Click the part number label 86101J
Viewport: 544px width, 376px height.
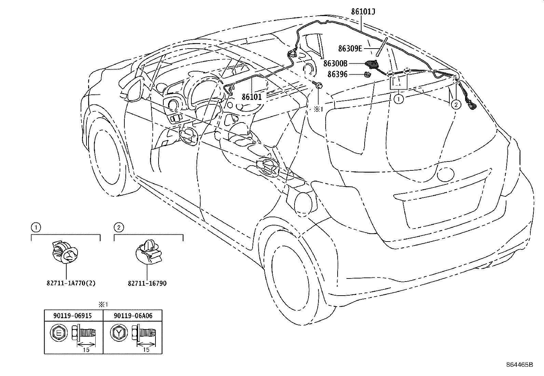click(363, 12)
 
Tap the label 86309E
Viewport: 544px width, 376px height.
click(350, 49)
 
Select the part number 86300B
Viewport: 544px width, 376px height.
click(335, 64)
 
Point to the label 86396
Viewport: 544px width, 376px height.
click(337, 74)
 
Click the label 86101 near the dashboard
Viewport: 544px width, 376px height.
click(251, 97)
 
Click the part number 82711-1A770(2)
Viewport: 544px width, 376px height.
click(71, 283)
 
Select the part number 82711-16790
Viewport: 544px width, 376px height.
click(147, 283)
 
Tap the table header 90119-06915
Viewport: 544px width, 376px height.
click(73, 316)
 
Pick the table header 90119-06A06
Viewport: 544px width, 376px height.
click(133, 316)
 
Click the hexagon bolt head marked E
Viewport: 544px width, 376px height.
click(58, 333)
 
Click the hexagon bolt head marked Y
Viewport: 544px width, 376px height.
click(119, 333)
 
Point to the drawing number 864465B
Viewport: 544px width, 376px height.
click(519, 365)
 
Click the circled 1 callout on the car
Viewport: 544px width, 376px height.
click(398, 99)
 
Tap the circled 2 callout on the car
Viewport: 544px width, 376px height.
click(456, 105)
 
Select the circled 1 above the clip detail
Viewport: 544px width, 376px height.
click(36, 228)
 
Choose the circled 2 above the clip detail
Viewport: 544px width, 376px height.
click(119, 228)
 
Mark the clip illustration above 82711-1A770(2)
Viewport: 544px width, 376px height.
click(65, 252)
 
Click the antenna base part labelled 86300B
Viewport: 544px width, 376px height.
click(371, 65)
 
